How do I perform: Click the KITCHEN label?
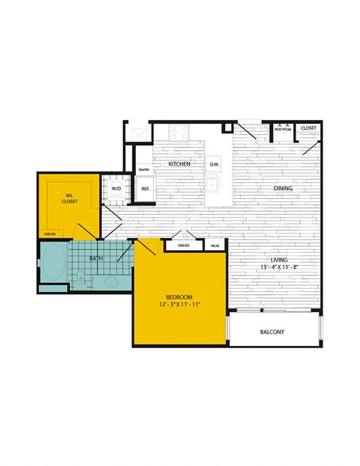[178, 164]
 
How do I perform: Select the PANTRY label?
[144, 170]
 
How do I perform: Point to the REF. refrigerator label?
[145, 189]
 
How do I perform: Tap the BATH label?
[96, 259]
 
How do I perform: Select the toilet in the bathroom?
[81, 278]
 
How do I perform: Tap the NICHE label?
[214, 245]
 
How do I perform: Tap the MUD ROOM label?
[282, 129]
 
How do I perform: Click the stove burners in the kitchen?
[180, 134]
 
